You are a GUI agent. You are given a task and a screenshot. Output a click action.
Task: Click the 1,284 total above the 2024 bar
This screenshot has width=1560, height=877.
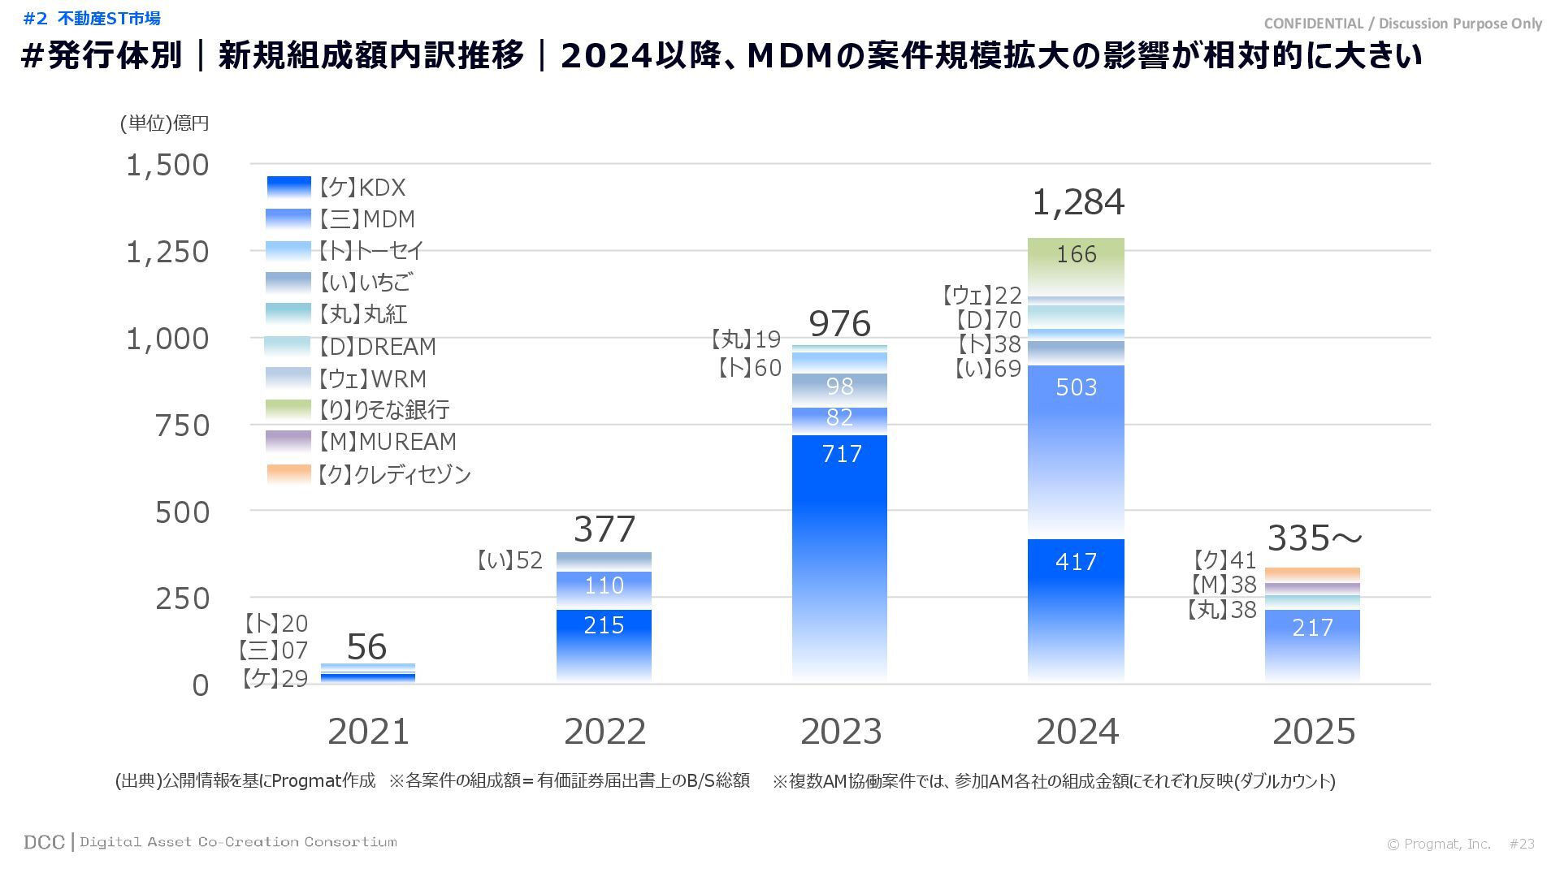click(1077, 203)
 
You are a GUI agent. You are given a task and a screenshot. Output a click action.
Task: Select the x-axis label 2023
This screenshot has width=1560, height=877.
click(841, 732)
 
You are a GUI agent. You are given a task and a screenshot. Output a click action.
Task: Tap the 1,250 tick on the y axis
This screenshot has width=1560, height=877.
click(167, 253)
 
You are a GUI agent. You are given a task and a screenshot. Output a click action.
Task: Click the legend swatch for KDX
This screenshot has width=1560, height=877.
click(288, 188)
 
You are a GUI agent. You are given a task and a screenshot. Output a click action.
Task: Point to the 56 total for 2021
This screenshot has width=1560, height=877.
click(366, 647)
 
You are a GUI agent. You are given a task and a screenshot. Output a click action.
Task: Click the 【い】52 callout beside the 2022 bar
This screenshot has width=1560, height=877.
click(509, 560)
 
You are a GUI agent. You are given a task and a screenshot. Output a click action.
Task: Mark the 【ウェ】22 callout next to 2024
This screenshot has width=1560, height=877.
click(981, 296)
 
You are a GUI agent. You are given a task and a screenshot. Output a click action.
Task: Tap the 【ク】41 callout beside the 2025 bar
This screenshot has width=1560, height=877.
click(1224, 560)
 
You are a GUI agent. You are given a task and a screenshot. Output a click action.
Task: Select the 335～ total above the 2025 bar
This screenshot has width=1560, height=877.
click(1314, 538)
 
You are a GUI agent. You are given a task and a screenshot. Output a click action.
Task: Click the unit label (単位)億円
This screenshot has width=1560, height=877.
click(165, 123)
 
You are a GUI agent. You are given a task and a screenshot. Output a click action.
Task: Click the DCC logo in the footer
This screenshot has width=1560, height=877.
click(44, 843)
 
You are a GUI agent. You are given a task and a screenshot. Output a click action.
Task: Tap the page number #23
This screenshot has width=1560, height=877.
click(1522, 845)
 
